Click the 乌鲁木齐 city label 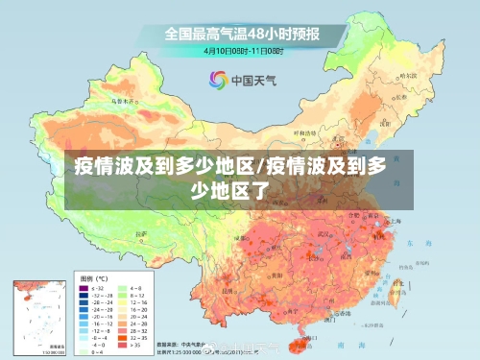coord(123,99)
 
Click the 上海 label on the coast coord(396,222)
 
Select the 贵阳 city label coord(271,272)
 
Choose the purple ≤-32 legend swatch coord(83,287)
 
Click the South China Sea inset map coord(38,317)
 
